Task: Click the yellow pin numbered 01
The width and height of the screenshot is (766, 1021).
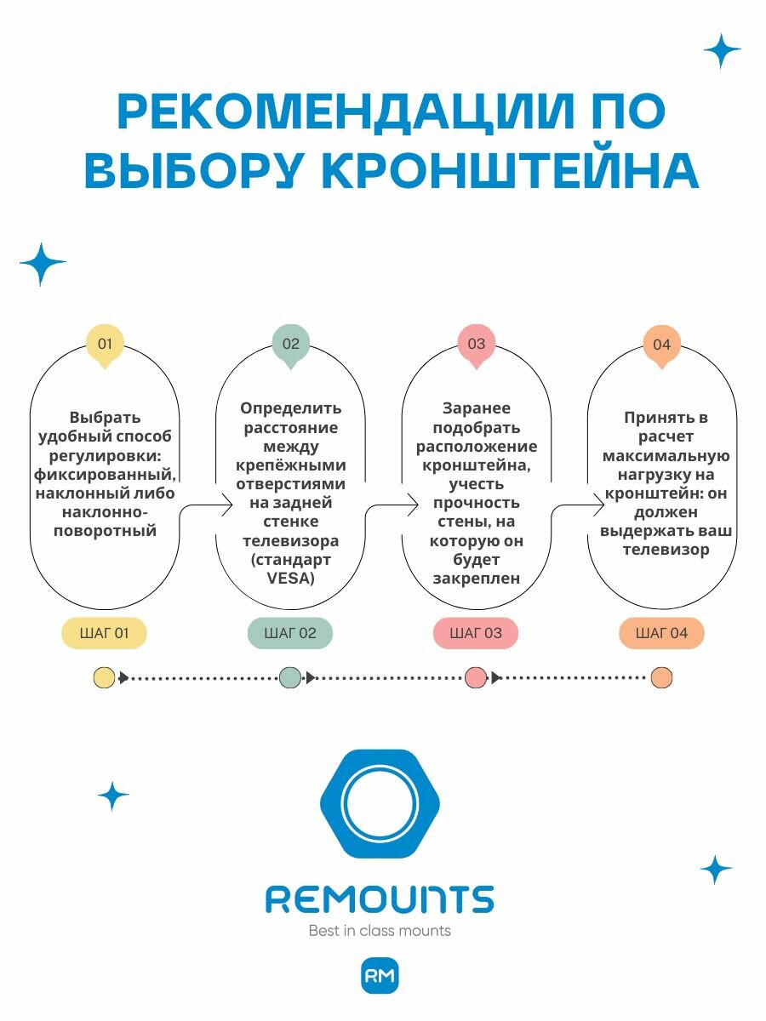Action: [x=105, y=345]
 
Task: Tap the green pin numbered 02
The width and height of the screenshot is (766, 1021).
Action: [x=290, y=345]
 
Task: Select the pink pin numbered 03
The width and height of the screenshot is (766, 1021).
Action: [x=476, y=345]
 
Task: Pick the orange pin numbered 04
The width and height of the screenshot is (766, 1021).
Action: [x=661, y=345]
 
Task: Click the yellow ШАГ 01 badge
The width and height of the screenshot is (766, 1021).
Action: [x=105, y=633]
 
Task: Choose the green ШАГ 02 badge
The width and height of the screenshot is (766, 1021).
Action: [x=290, y=633]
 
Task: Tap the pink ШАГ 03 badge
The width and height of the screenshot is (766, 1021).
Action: [x=476, y=633]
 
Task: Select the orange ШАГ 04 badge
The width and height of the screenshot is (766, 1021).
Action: [x=661, y=633]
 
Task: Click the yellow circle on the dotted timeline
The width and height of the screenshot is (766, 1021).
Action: [x=104, y=678]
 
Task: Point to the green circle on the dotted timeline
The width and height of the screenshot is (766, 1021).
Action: [x=290, y=678]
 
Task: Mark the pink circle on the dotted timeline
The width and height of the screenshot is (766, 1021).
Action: [x=476, y=678]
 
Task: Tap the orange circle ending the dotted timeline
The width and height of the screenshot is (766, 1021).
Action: [x=661, y=678]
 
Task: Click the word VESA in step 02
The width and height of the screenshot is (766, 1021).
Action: [x=290, y=579]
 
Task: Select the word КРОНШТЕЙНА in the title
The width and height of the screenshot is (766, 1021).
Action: [x=511, y=171]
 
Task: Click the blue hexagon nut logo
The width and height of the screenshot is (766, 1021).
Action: [x=380, y=804]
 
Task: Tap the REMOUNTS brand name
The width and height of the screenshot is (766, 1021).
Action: [x=380, y=899]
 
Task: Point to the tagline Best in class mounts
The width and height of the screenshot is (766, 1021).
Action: [x=380, y=931]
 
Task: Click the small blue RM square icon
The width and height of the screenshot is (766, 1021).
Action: [x=380, y=977]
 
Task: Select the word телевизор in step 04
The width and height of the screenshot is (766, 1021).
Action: [x=661, y=550]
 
